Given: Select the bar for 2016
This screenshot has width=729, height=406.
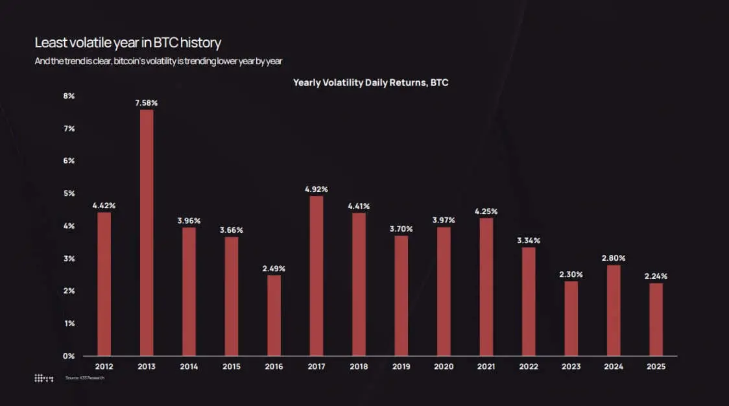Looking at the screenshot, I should (274, 315).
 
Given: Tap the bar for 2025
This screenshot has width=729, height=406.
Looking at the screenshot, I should (656, 319).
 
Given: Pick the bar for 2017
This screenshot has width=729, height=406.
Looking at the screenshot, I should (317, 276).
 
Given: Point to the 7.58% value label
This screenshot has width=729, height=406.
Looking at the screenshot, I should (147, 103).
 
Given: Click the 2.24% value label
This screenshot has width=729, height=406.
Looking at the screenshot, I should (656, 276).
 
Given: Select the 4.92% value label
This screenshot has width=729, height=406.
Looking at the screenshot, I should (317, 189).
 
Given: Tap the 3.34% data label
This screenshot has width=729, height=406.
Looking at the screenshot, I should (529, 241).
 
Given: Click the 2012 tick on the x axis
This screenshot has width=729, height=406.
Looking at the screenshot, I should (104, 367).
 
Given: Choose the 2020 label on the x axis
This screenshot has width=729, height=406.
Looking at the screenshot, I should (444, 367).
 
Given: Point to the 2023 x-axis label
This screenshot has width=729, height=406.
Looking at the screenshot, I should (571, 367).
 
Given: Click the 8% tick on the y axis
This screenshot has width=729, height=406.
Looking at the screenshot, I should (69, 96).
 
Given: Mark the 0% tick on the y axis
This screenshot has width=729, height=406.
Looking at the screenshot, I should (69, 356).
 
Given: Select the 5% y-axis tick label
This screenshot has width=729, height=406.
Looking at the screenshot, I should (69, 193).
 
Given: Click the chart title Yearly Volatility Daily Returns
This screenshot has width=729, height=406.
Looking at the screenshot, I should (371, 82).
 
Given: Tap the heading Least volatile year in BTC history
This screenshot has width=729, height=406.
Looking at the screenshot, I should (128, 43).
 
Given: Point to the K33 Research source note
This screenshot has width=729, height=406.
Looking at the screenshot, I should (84, 378).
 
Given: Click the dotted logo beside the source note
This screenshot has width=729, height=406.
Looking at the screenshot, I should (43, 378).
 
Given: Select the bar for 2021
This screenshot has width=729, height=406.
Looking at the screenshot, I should (486, 287).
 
